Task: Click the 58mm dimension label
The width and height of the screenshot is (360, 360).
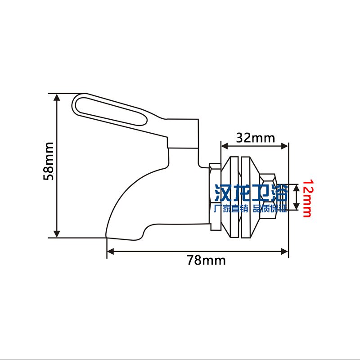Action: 49,161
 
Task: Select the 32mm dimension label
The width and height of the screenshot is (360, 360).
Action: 255,138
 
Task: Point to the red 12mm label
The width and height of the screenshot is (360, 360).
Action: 307,198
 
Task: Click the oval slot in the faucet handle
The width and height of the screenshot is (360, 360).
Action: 110,111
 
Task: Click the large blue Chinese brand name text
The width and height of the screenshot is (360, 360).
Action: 251,194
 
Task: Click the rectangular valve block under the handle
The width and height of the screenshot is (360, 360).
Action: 182,133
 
